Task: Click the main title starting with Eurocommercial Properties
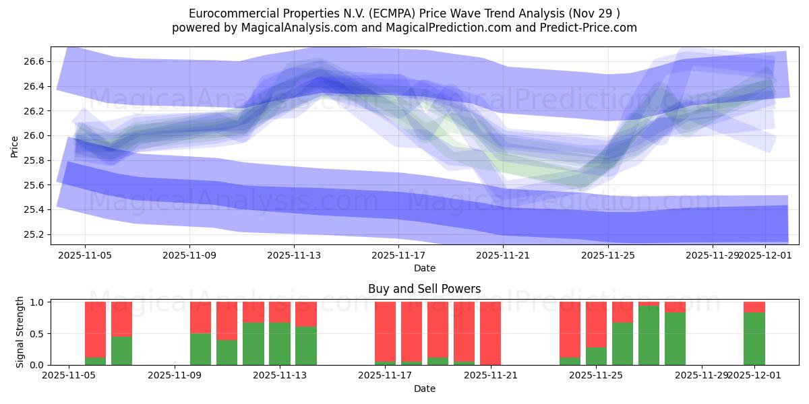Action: (x=404, y=13)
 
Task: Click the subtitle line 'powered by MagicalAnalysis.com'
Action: (x=404, y=28)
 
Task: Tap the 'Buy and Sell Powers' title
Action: (x=425, y=289)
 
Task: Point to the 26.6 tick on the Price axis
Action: (x=35, y=61)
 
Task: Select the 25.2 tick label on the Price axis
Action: (x=35, y=234)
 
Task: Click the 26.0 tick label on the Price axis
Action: (x=35, y=135)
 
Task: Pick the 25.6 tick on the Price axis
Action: (x=35, y=185)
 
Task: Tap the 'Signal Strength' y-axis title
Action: (x=20, y=332)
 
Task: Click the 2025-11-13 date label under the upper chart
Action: (x=294, y=256)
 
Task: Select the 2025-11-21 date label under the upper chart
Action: (x=503, y=256)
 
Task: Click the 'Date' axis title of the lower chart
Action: (x=425, y=389)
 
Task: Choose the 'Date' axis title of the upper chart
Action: (x=425, y=268)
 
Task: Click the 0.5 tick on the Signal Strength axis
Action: (x=37, y=333)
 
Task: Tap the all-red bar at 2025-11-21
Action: (x=490, y=333)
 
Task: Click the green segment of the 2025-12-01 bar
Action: (x=754, y=339)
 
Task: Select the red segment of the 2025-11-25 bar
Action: (x=596, y=324)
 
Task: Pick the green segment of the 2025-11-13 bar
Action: (x=280, y=343)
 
